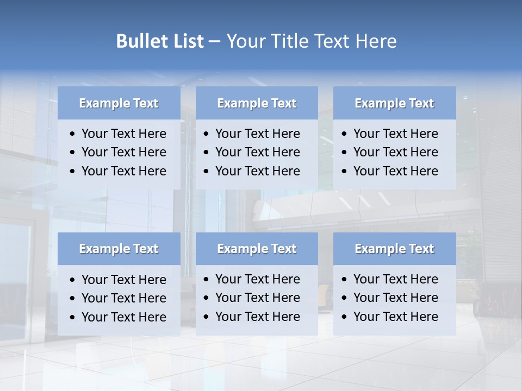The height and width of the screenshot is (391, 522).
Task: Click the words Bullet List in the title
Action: point(160,41)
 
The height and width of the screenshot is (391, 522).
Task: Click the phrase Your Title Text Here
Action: point(311,41)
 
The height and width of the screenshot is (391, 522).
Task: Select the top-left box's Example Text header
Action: point(119,103)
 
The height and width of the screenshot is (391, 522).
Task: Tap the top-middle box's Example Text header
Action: point(257,103)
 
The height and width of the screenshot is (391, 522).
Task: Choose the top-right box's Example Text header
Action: point(394,103)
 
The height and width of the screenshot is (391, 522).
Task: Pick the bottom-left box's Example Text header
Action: point(119,249)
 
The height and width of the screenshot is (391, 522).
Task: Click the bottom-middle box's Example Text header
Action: point(257,249)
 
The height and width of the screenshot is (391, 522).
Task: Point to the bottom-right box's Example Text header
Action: point(394,249)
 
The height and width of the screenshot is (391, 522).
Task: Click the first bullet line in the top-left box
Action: point(124,134)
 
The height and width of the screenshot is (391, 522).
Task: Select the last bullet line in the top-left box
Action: point(124,171)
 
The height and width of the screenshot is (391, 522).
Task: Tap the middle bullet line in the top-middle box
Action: point(258,152)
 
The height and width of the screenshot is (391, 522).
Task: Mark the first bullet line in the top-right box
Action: point(396,134)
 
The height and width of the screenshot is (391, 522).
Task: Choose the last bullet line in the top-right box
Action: point(396,171)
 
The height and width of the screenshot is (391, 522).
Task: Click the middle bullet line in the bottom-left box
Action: point(124,298)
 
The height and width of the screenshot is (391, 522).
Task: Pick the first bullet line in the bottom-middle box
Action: point(258,279)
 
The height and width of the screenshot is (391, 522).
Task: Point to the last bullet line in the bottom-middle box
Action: point(258,317)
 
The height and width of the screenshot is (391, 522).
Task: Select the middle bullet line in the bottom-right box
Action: point(396,298)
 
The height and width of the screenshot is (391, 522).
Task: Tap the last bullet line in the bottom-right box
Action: point(396,317)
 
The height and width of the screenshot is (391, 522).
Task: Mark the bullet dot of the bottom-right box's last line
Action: point(345,317)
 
